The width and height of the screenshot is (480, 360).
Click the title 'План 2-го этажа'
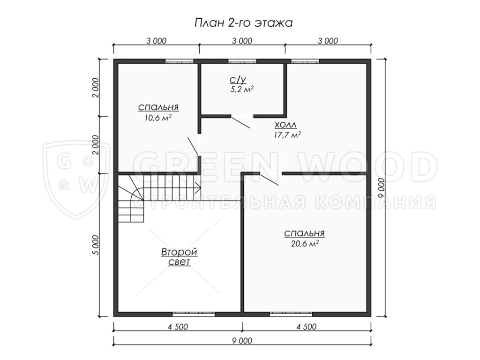pyautogui.click(x=243, y=23)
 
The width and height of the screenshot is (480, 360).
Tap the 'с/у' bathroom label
pyautogui.click(x=238, y=80)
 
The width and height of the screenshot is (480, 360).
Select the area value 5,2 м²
pyautogui.click(x=242, y=90)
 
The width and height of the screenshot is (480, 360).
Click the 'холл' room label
pyautogui.click(x=285, y=125)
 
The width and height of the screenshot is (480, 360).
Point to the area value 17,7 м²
pyautogui.click(x=287, y=135)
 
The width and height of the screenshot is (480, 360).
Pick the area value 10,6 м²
pyautogui.click(x=158, y=118)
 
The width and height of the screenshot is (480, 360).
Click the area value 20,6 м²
pyautogui.click(x=305, y=244)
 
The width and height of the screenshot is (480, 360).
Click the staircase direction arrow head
pyautogui.click(x=197, y=187)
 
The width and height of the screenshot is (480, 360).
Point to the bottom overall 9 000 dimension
pyautogui.click(x=242, y=341)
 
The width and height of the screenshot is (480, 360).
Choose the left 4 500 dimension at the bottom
pyautogui.click(x=178, y=327)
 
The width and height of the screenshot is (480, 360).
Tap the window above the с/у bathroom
pyautogui.click(x=242, y=61)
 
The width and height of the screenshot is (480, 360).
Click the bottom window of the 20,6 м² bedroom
pyautogui.click(x=291, y=314)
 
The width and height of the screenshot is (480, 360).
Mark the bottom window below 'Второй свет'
pyautogui.click(x=194, y=314)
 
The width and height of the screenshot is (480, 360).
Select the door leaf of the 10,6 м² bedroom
pyautogui.click(x=194, y=146)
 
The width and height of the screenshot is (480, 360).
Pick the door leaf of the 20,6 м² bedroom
pyautogui.click(x=269, y=180)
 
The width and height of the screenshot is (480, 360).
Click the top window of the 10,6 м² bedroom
pyautogui.click(x=180, y=61)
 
